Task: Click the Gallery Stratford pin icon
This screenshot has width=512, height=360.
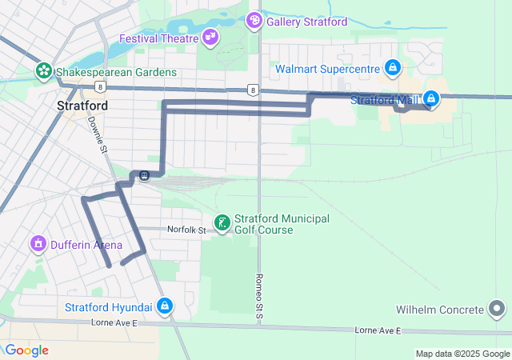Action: click(x=254, y=20)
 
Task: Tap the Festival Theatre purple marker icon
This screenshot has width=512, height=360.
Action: click(x=211, y=37)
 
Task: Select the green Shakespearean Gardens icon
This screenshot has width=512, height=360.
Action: click(x=43, y=72)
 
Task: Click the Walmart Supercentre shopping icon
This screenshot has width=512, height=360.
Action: click(x=392, y=68)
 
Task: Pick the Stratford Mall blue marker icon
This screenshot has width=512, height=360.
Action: click(x=431, y=99)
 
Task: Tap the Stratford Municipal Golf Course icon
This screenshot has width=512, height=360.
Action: click(x=222, y=222)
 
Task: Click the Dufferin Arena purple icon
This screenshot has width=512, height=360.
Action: click(x=37, y=243)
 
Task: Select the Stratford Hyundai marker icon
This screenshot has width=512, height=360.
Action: click(x=164, y=306)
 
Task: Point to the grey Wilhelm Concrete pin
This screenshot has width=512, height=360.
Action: click(x=497, y=309)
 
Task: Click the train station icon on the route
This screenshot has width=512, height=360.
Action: click(x=143, y=176)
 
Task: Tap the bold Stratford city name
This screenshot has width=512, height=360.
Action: click(x=83, y=105)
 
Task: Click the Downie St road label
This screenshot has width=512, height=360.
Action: click(x=97, y=134)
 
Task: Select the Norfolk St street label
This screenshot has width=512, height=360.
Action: click(x=186, y=230)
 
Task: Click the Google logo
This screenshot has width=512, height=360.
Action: click(x=26, y=350)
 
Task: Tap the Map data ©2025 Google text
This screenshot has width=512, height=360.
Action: click(x=462, y=354)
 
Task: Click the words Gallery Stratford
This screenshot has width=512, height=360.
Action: click(x=306, y=22)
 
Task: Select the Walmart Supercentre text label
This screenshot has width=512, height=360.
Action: click(x=326, y=69)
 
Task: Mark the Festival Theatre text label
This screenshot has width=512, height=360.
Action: click(x=158, y=38)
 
